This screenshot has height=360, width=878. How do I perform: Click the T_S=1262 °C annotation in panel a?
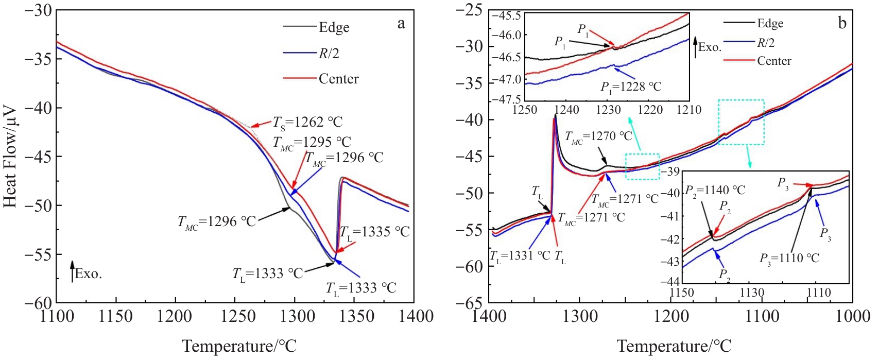[x=307, y=123]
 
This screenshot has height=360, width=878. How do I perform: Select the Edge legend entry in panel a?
[x=334, y=27]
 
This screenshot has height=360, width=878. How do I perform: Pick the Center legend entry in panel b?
[x=773, y=61]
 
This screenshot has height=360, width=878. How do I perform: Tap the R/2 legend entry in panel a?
[x=329, y=54]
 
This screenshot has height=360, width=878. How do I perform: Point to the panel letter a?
[x=401, y=24]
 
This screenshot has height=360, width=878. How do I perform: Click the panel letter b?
[x=842, y=23]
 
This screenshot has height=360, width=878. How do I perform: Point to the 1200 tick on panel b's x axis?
[x=670, y=316]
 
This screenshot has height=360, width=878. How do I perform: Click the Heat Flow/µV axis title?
[x=10, y=157]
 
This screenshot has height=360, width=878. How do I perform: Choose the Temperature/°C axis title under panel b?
[x=674, y=346]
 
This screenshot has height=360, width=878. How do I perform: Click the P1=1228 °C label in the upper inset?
[x=631, y=87]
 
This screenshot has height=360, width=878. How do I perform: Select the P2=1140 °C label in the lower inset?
[x=715, y=190]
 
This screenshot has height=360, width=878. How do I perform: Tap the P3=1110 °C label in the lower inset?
[x=789, y=258]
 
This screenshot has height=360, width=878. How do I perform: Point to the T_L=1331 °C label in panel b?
[x=520, y=256]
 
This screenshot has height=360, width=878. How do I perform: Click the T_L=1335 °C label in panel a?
[x=374, y=232]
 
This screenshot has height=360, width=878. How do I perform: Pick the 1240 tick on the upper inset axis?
[x=566, y=110]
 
